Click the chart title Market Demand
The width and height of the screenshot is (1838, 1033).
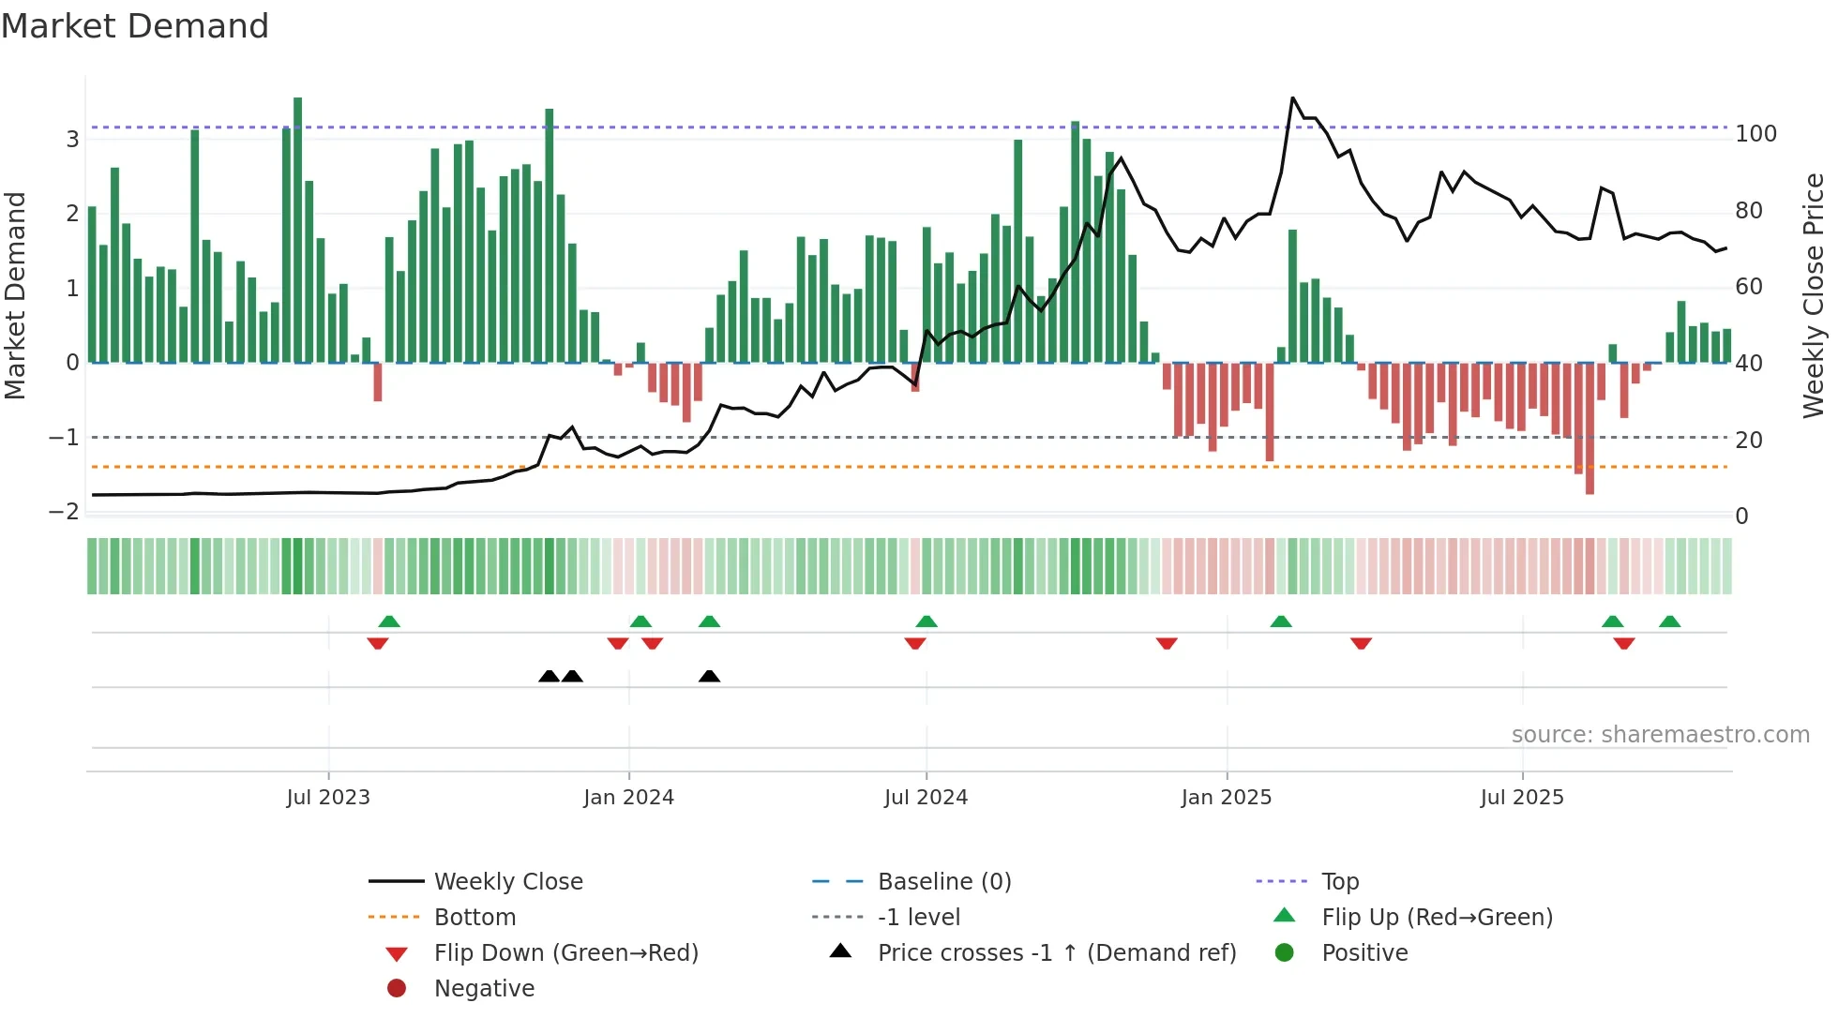135,26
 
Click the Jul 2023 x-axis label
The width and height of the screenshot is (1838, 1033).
328,798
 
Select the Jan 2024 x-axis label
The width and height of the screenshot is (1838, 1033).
628,798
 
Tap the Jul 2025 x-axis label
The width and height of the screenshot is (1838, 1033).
1522,798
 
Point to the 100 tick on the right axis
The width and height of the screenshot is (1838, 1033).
1755,134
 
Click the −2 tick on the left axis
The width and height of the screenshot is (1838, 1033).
64,512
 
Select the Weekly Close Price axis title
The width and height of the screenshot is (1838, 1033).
1814,295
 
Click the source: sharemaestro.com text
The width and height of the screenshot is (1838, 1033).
1660,735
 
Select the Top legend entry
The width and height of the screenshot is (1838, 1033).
1340,882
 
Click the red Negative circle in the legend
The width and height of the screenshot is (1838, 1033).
397,989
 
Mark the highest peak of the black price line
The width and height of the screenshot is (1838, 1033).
1292,97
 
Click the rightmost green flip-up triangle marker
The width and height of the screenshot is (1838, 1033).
1669,621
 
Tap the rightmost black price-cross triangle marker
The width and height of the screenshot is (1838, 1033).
710,676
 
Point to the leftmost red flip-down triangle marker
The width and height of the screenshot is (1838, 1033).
378,643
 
